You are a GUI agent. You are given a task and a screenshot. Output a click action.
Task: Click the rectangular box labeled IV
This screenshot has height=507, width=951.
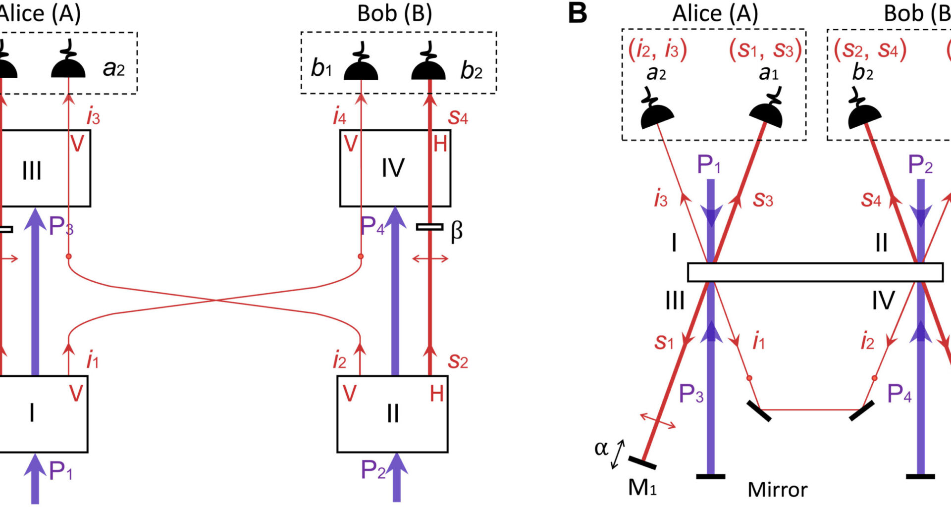(x=395, y=168)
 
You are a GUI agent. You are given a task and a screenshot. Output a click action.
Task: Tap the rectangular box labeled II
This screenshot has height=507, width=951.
(x=392, y=414)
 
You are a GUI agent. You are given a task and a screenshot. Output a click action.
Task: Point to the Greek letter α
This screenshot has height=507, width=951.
(x=601, y=448)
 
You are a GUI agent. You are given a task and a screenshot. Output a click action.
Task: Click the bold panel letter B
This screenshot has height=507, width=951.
(x=578, y=13)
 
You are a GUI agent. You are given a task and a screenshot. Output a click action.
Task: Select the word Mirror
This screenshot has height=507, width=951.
(x=777, y=490)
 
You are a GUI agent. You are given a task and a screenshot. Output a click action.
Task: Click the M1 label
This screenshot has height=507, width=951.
(x=642, y=488)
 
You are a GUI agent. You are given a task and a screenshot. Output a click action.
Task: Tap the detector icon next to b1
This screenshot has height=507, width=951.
(x=361, y=64)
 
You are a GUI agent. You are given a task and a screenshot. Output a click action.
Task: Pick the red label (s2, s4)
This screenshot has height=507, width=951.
(x=870, y=50)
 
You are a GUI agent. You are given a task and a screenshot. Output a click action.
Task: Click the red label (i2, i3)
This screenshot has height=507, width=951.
(x=658, y=50)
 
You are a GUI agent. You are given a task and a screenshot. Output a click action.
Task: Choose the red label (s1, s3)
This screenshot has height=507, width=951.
(x=765, y=50)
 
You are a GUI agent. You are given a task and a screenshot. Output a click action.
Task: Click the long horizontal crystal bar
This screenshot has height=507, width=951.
(x=815, y=272)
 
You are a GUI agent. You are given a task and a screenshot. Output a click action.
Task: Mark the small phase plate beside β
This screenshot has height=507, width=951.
(x=429, y=227)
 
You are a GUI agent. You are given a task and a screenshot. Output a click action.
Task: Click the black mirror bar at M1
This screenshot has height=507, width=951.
(x=642, y=462)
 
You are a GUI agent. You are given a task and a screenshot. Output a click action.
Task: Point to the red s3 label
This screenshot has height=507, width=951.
(x=763, y=200)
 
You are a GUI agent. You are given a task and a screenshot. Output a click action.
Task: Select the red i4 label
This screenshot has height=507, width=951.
(x=339, y=117)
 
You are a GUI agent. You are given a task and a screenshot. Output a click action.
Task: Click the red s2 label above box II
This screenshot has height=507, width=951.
(x=458, y=362)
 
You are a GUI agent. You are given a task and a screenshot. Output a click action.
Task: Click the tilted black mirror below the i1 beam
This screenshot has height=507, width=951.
(x=759, y=411)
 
